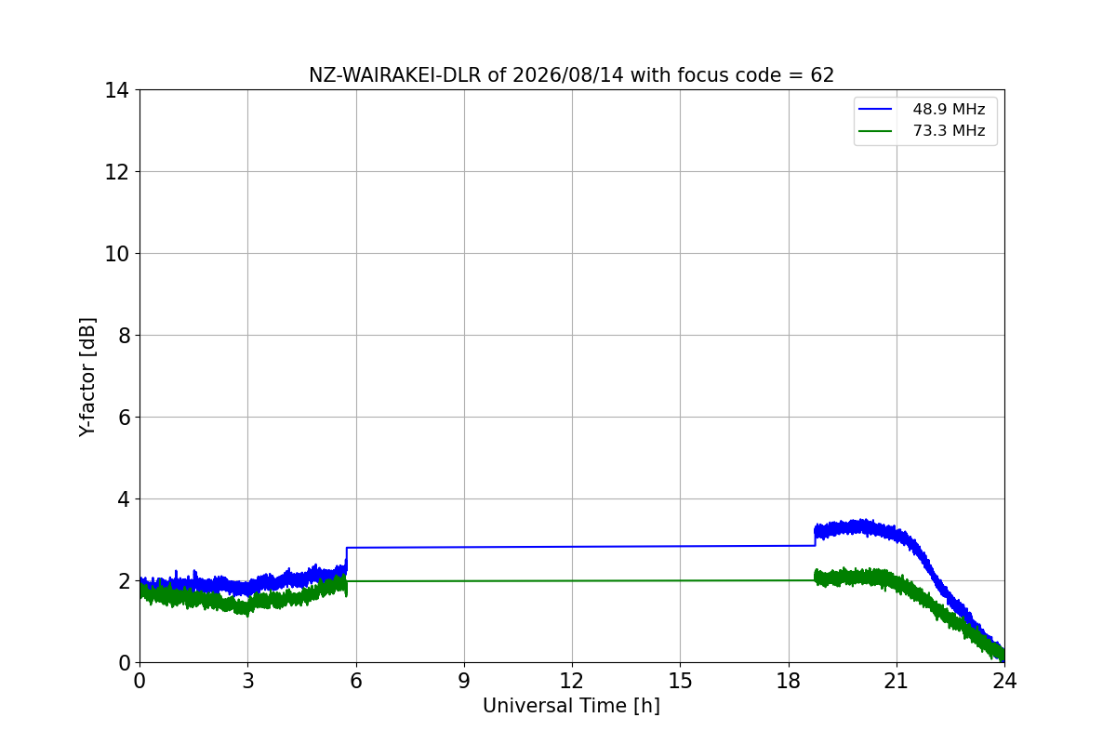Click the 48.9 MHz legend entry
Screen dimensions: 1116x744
[922, 109]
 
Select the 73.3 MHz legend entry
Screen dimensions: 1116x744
[922, 130]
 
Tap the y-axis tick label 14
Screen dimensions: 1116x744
[116, 91]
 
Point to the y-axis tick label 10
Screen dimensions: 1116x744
[116, 254]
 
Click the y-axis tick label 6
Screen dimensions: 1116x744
[124, 418]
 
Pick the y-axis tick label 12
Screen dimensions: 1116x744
[116, 172]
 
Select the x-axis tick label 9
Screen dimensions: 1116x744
[464, 681]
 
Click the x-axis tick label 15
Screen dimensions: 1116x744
[680, 681]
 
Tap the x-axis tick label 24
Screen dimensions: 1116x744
[1004, 681]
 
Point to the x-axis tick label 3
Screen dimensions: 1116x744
[248, 681]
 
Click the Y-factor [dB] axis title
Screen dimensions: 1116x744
[87, 378]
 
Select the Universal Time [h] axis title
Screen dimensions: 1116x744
[571, 706]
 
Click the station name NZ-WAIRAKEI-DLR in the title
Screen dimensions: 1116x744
[395, 75]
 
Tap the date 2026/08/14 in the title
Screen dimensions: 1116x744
[568, 75]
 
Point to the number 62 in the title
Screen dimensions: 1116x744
[822, 75]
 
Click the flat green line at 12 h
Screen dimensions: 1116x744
[572, 581]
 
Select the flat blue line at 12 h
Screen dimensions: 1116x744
[572, 547]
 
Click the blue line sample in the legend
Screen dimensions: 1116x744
[875, 109]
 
